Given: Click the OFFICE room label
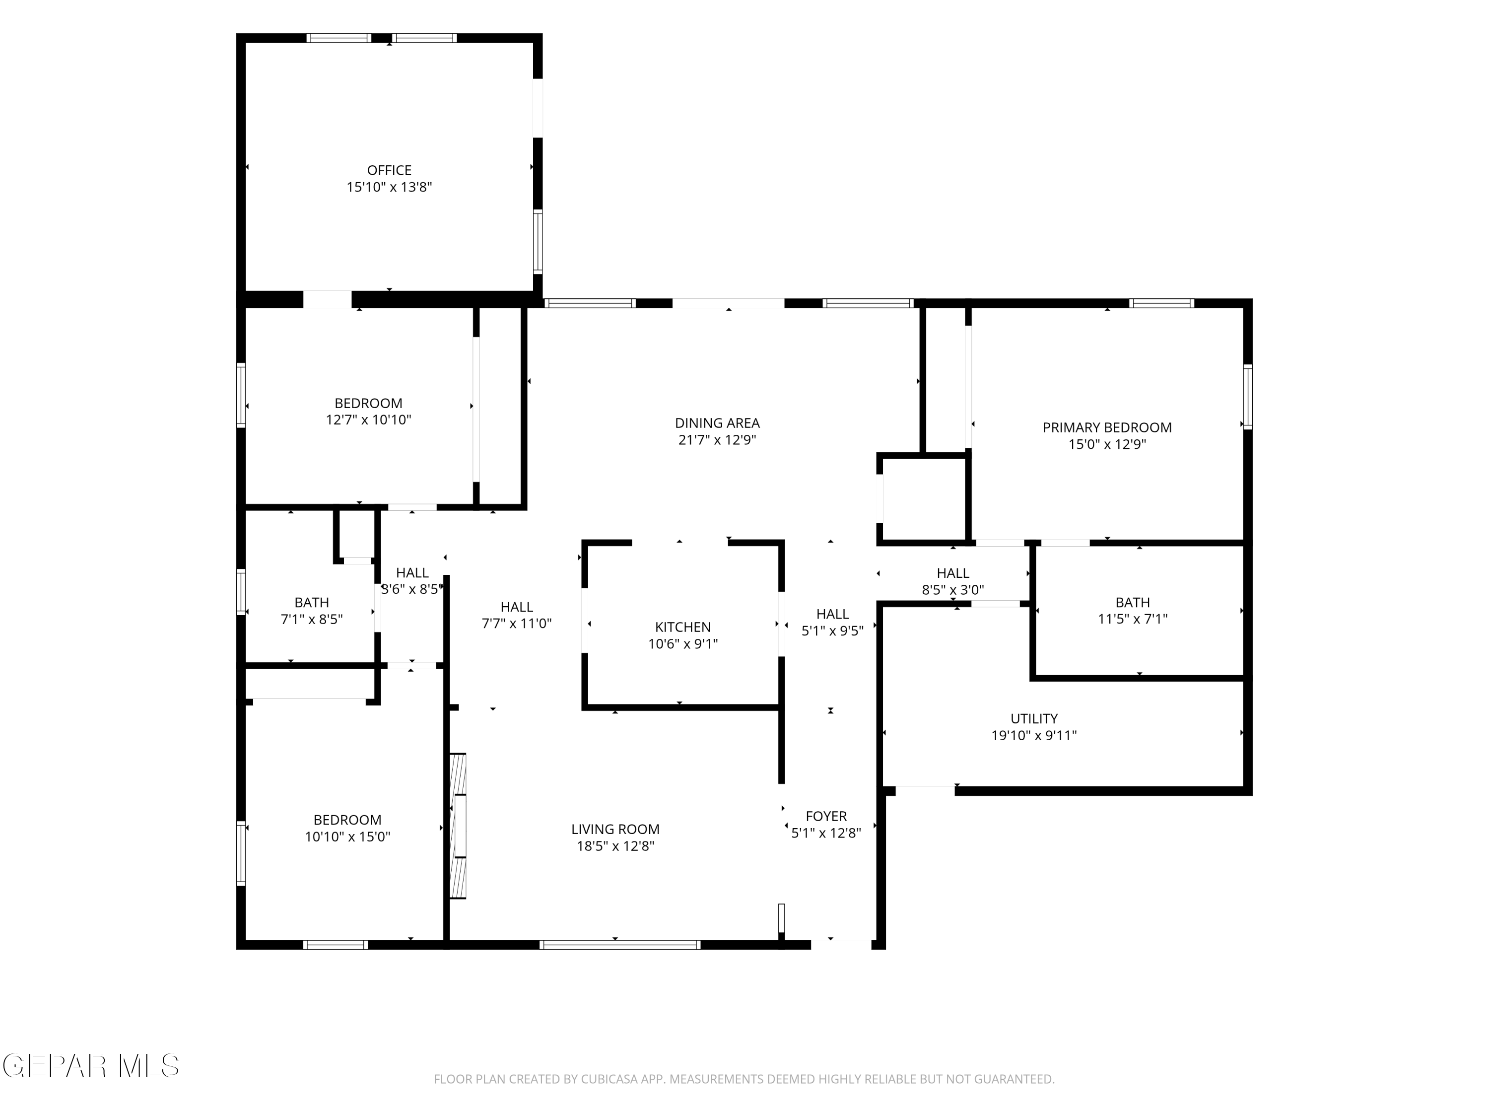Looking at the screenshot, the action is click(389, 170).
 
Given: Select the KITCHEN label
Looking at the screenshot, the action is click(682, 628).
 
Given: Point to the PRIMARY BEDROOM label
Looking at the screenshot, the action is click(1107, 427).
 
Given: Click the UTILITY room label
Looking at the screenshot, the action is click(1034, 719).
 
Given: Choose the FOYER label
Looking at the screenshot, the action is click(826, 817).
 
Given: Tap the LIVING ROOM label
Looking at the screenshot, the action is click(615, 830).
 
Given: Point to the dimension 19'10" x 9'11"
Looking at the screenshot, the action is click(1034, 736).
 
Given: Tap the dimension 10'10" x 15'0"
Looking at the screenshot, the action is click(347, 837).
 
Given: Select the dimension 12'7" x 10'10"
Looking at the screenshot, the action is click(368, 420).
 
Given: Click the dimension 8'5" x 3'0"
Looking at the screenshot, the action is click(952, 590).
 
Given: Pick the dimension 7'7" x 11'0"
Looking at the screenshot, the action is click(516, 624).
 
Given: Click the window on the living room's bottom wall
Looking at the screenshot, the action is click(620, 945).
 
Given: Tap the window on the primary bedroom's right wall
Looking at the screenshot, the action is click(1247, 397).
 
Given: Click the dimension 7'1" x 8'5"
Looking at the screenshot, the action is click(311, 620).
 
